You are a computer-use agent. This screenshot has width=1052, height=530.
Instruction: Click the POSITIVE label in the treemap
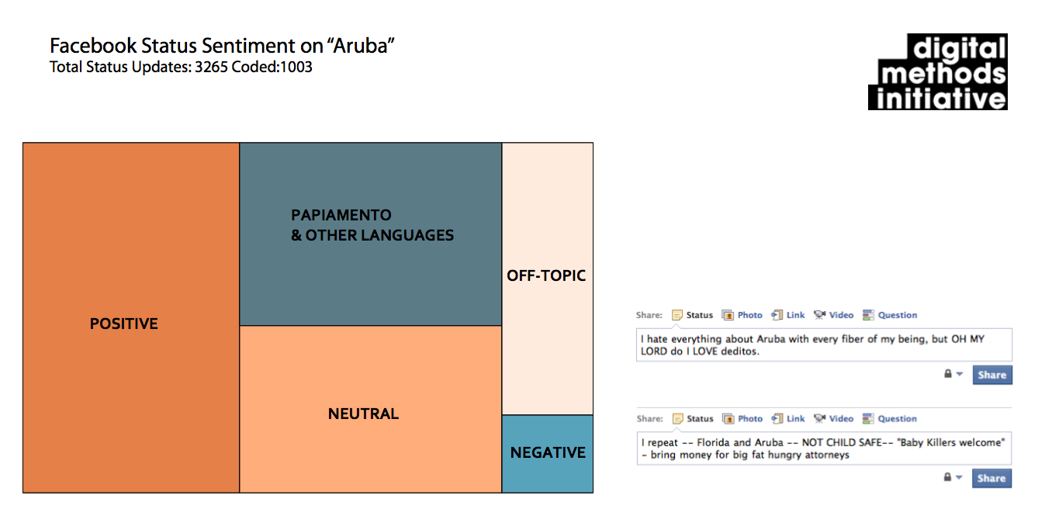124,324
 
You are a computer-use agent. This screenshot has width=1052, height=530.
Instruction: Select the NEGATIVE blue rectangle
548,454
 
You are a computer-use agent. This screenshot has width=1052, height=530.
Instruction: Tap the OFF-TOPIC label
546,275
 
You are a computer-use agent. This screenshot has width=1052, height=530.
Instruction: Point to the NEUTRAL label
364,414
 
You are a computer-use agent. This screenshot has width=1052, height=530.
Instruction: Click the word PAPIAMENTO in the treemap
341,215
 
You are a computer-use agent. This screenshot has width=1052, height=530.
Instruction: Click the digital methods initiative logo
938,72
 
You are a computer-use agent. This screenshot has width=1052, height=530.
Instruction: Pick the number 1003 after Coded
296,68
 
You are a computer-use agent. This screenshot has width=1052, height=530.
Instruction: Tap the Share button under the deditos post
992,375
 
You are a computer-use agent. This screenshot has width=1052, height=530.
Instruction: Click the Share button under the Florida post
992,478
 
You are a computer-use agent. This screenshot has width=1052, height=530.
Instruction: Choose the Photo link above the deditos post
749,315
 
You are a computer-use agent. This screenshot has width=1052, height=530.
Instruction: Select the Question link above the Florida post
897,418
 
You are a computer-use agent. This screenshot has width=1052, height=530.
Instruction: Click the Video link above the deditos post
841,315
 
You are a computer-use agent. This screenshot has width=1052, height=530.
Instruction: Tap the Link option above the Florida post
795,418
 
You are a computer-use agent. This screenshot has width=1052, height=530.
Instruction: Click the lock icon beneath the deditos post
948,374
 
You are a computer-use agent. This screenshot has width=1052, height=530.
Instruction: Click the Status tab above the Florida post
700,418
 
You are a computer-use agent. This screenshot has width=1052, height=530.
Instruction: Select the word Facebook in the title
93,46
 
